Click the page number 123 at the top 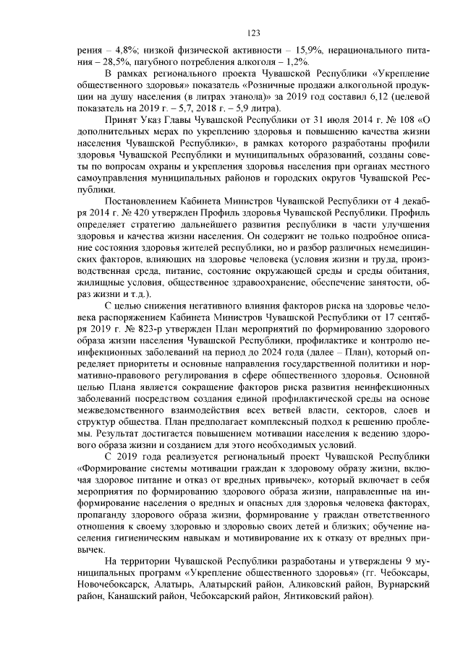(253, 33)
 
